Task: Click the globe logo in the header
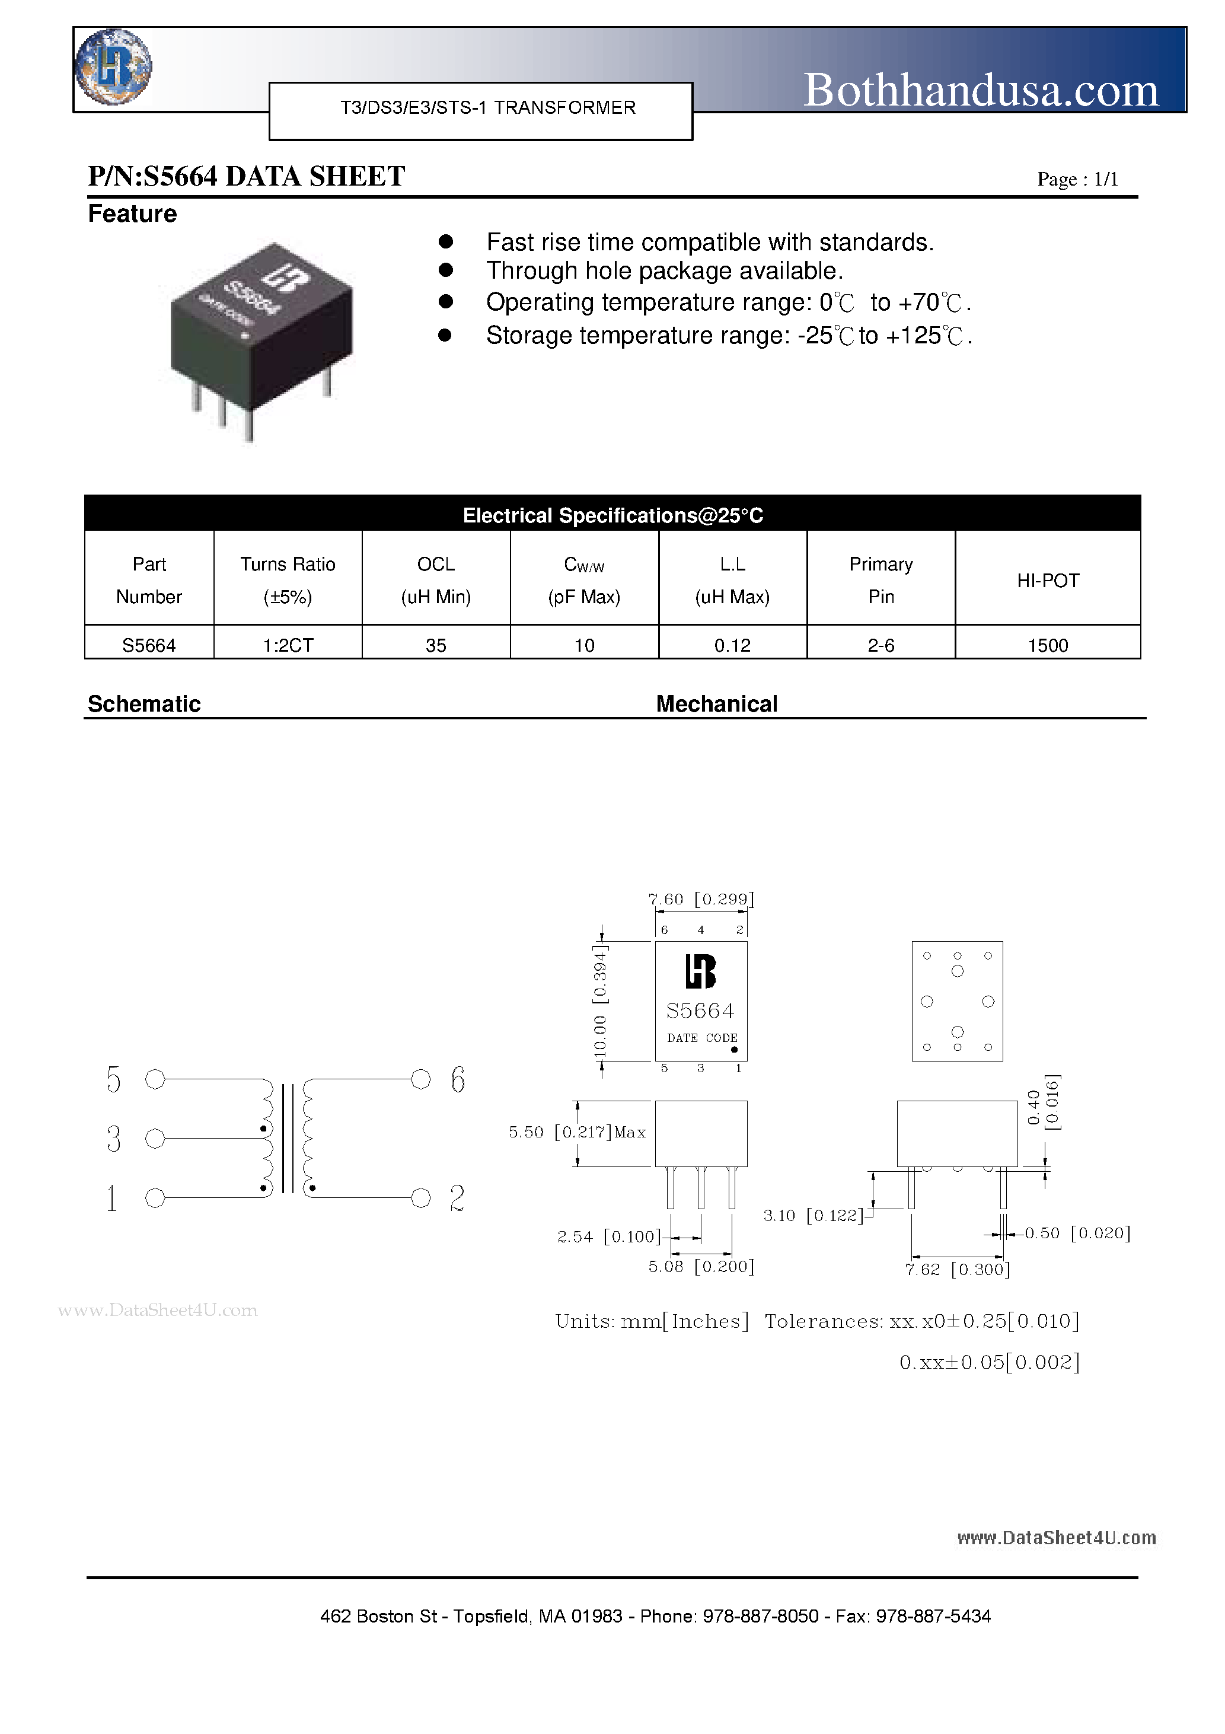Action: click(x=113, y=66)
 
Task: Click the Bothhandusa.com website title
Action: click(x=980, y=91)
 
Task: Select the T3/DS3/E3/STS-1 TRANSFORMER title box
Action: click(x=481, y=110)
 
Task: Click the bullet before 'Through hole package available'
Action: click(x=446, y=270)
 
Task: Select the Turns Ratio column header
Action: click(x=288, y=579)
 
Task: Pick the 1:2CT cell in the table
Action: click(x=288, y=645)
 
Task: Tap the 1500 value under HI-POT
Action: click(x=1048, y=645)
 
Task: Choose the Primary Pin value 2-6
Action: click(x=881, y=645)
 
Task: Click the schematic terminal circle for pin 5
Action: click(x=155, y=1080)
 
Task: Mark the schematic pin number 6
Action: click(x=458, y=1080)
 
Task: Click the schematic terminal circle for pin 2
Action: click(x=420, y=1198)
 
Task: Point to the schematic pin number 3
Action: click(x=114, y=1139)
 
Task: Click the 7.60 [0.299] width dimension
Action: click(x=701, y=898)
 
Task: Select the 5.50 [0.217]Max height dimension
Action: click(x=577, y=1132)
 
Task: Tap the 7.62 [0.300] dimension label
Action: click(x=958, y=1270)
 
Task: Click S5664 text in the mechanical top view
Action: click(x=700, y=1011)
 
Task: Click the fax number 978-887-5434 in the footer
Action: click(x=933, y=1616)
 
